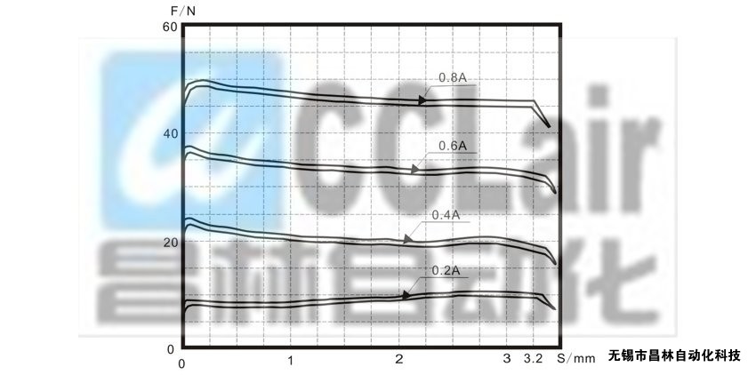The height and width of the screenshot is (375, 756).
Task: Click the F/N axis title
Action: pyautogui.click(x=183, y=11)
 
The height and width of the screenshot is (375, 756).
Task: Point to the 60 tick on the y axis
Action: pyautogui.click(x=170, y=27)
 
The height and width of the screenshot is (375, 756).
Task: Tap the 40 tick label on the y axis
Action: pyautogui.click(x=170, y=133)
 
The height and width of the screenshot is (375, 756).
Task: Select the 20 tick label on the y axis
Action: pyautogui.click(x=170, y=242)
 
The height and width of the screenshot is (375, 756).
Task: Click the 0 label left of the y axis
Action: pyautogui.click(x=170, y=348)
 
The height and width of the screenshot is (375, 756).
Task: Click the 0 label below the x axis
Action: pyautogui.click(x=181, y=364)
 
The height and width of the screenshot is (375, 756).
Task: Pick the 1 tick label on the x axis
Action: pyautogui.click(x=291, y=360)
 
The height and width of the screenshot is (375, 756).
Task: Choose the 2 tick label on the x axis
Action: pyautogui.click(x=398, y=360)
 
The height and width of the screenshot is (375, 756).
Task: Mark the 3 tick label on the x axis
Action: pyautogui.click(x=506, y=359)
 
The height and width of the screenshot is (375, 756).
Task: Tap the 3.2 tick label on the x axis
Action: pyautogui.click(x=534, y=359)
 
